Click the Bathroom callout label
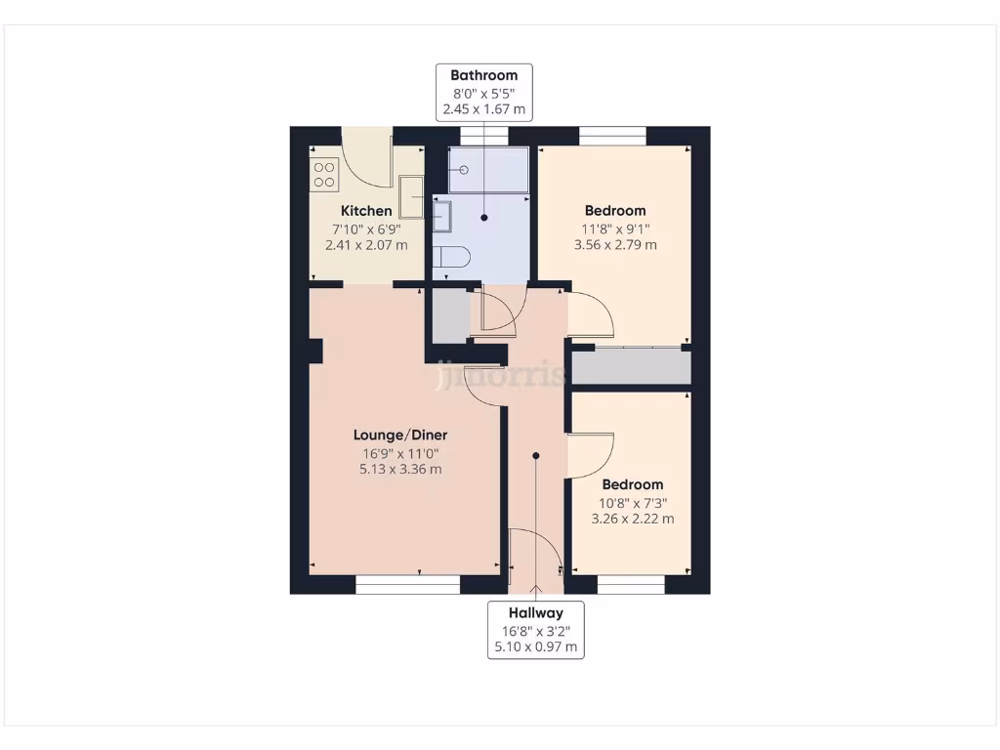coord(483,92)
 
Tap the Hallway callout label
coord(535,630)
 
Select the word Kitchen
coord(366,211)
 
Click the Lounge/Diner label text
coord(400,436)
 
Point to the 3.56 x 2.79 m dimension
coord(615,244)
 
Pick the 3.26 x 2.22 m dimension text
coord(632,519)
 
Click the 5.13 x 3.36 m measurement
coord(400,469)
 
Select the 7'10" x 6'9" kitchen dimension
coord(366,229)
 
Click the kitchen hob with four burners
coord(324,175)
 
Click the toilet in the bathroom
coord(452,258)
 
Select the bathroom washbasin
coord(442,216)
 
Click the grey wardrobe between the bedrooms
coord(631,367)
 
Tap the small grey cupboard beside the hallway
coord(449,315)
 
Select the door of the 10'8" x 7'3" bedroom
coord(590,454)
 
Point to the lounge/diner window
coord(407,585)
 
